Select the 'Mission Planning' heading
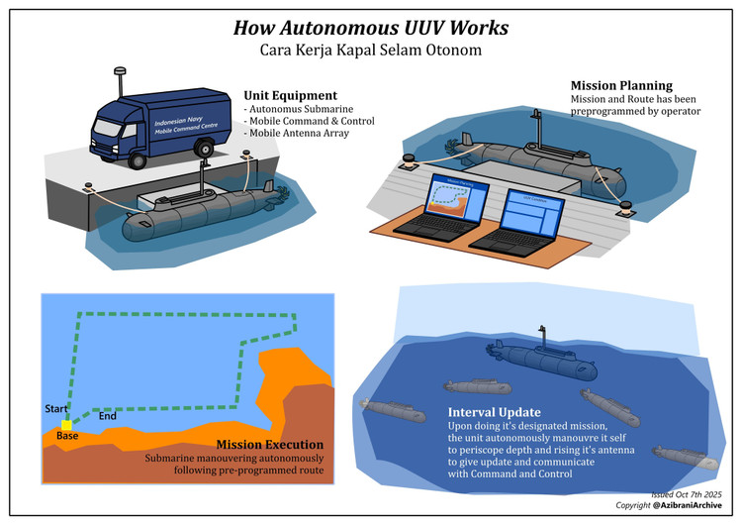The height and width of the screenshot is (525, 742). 621,85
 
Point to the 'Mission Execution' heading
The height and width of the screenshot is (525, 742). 270,445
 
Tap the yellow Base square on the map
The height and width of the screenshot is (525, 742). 66,425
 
